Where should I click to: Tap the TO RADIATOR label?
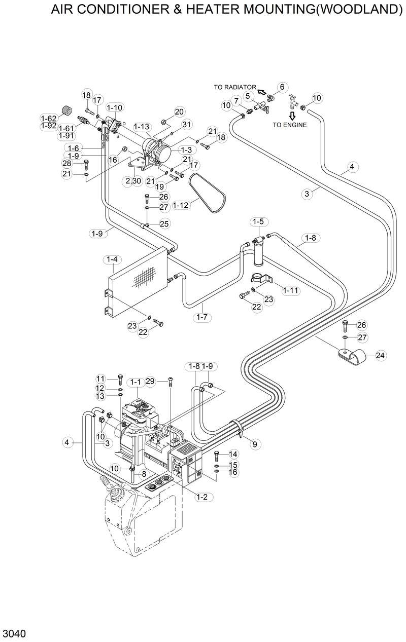[x=235, y=88]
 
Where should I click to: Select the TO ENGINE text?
[x=289, y=125]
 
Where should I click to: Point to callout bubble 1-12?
[x=182, y=205]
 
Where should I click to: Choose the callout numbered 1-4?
[x=112, y=259]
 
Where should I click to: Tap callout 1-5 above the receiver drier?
[x=258, y=221]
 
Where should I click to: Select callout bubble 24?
[x=380, y=356]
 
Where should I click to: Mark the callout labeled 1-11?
[x=292, y=290]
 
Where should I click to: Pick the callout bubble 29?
[x=150, y=381]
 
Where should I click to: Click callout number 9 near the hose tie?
[x=255, y=444]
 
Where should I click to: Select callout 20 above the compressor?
[x=179, y=112]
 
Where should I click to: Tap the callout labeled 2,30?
[x=133, y=181]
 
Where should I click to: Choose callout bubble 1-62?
[x=49, y=119]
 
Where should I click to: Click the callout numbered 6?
[x=283, y=87]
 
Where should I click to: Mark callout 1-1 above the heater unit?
[x=136, y=382]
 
